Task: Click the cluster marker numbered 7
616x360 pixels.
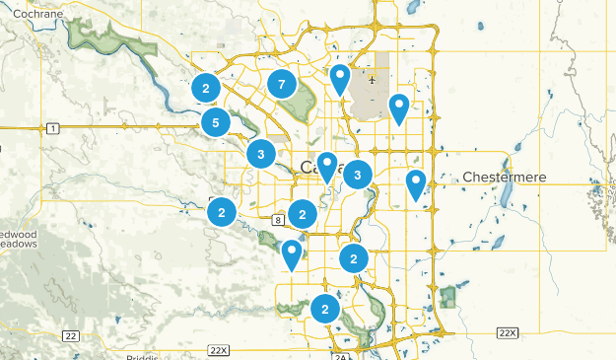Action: click(282, 85)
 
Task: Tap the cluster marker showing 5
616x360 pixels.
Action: click(215, 123)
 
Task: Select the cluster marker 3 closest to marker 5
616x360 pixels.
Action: click(260, 154)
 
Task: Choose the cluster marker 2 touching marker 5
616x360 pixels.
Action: click(205, 89)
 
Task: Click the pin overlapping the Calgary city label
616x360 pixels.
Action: click(327, 167)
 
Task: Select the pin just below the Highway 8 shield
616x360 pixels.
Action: click(291, 253)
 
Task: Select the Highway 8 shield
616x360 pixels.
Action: click(279, 219)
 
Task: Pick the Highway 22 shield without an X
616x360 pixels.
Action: click(70, 336)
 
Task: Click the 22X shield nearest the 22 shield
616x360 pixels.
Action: click(218, 350)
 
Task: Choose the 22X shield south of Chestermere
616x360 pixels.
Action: click(507, 332)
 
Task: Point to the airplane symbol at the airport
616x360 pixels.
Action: click(372, 81)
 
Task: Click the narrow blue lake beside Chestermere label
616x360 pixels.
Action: click(506, 197)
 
